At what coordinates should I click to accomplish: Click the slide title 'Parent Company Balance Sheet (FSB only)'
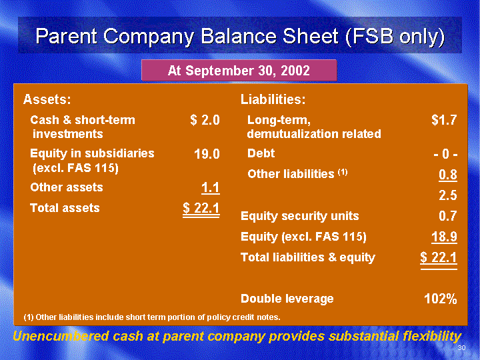(240, 36)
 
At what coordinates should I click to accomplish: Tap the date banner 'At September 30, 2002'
(239, 71)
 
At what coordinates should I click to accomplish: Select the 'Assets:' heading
(47, 99)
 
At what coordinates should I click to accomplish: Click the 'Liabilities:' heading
(273, 99)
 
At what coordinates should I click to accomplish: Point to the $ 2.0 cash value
(205, 120)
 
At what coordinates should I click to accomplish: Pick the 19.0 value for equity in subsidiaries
(207, 154)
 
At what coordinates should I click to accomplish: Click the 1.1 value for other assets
(210, 187)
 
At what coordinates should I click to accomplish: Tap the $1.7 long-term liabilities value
(444, 120)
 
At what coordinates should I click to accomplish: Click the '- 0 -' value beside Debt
(445, 154)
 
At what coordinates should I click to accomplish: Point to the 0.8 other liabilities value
(448, 175)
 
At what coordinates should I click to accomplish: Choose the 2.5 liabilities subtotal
(448, 195)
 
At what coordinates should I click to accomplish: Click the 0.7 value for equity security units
(448, 216)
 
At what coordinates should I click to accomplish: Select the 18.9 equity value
(444, 237)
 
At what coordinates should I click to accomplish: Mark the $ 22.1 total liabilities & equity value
(439, 258)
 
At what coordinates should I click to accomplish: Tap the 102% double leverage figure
(441, 299)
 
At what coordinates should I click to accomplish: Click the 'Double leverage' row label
(287, 299)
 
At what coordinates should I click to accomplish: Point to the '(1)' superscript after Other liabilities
(343, 172)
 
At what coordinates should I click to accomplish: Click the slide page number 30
(461, 347)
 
